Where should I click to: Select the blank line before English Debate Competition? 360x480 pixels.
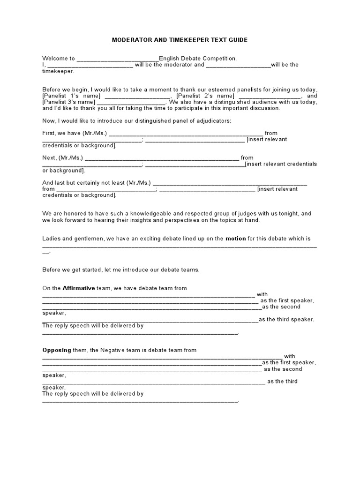coord(117,59)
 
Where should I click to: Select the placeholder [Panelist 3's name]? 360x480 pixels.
coord(68,102)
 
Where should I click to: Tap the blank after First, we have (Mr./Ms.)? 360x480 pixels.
coord(186,134)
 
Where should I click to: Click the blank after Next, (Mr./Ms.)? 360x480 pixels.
coord(162,158)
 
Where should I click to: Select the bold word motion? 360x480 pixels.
coord(235,238)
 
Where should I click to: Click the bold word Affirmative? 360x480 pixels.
coord(79,288)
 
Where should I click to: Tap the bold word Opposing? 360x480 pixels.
coord(56,350)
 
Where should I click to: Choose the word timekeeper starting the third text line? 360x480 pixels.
coord(58,71)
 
